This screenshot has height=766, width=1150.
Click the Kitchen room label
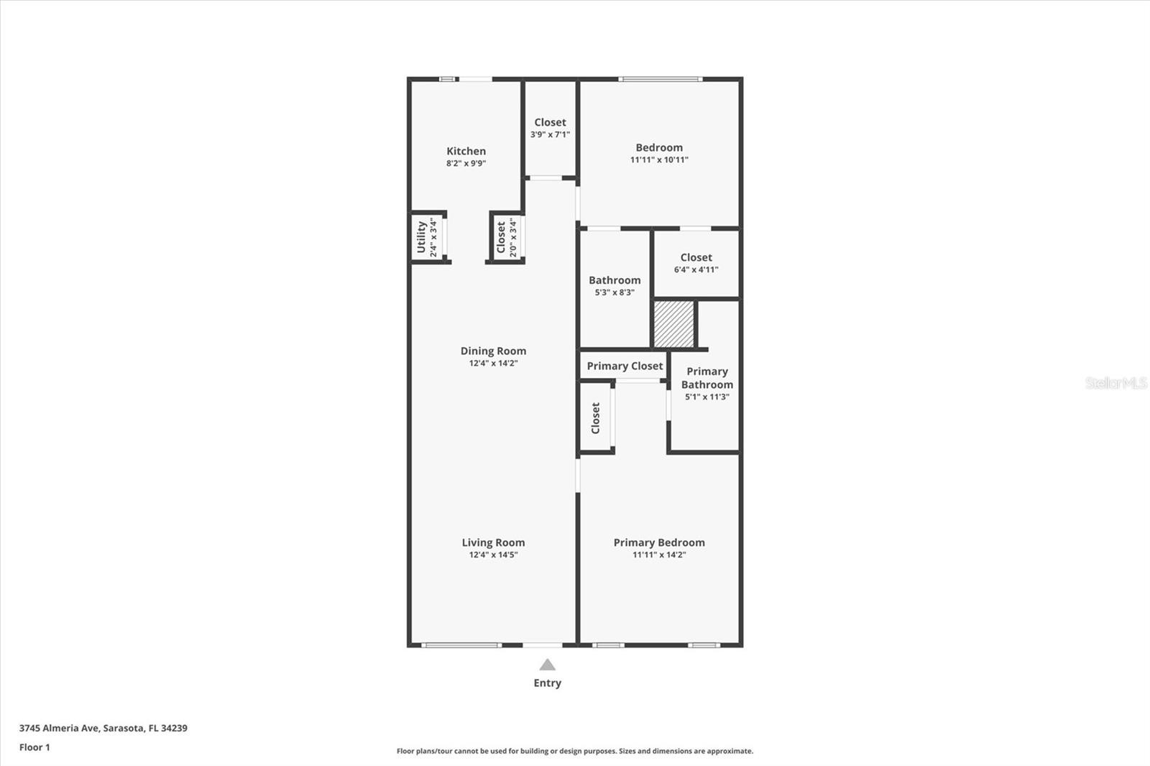(x=466, y=151)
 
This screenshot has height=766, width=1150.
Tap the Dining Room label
(x=493, y=351)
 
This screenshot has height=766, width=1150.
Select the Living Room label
(x=493, y=543)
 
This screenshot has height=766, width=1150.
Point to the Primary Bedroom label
(x=659, y=543)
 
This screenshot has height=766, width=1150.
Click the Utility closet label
(x=422, y=237)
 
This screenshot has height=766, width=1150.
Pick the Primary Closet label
(x=625, y=366)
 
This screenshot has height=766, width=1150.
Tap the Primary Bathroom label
(x=707, y=378)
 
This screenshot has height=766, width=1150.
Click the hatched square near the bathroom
(x=673, y=324)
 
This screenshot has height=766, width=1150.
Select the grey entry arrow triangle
(x=547, y=665)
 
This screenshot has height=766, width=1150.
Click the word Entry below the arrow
(x=547, y=683)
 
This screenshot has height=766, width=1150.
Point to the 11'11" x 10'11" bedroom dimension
(x=659, y=160)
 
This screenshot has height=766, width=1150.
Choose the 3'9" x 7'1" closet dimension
(x=550, y=134)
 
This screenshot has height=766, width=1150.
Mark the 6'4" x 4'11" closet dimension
(x=696, y=269)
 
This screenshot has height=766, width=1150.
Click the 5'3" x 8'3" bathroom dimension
(x=615, y=292)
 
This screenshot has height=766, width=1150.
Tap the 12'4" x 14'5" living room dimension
(x=493, y=555)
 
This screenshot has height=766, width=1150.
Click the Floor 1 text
(x=34, y=747)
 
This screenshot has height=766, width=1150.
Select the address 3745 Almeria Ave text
(x=103, y=728)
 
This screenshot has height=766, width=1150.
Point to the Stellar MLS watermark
(x=1116, y=383)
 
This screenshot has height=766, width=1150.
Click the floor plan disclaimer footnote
(x=575, y=751)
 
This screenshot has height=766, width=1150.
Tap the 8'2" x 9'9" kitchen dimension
(x=466, y=163)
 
